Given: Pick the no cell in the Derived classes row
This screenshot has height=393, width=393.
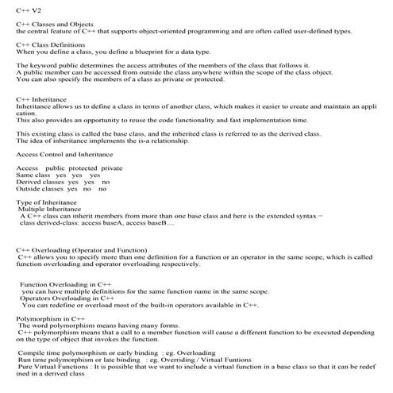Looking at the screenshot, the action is (106, 183).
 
